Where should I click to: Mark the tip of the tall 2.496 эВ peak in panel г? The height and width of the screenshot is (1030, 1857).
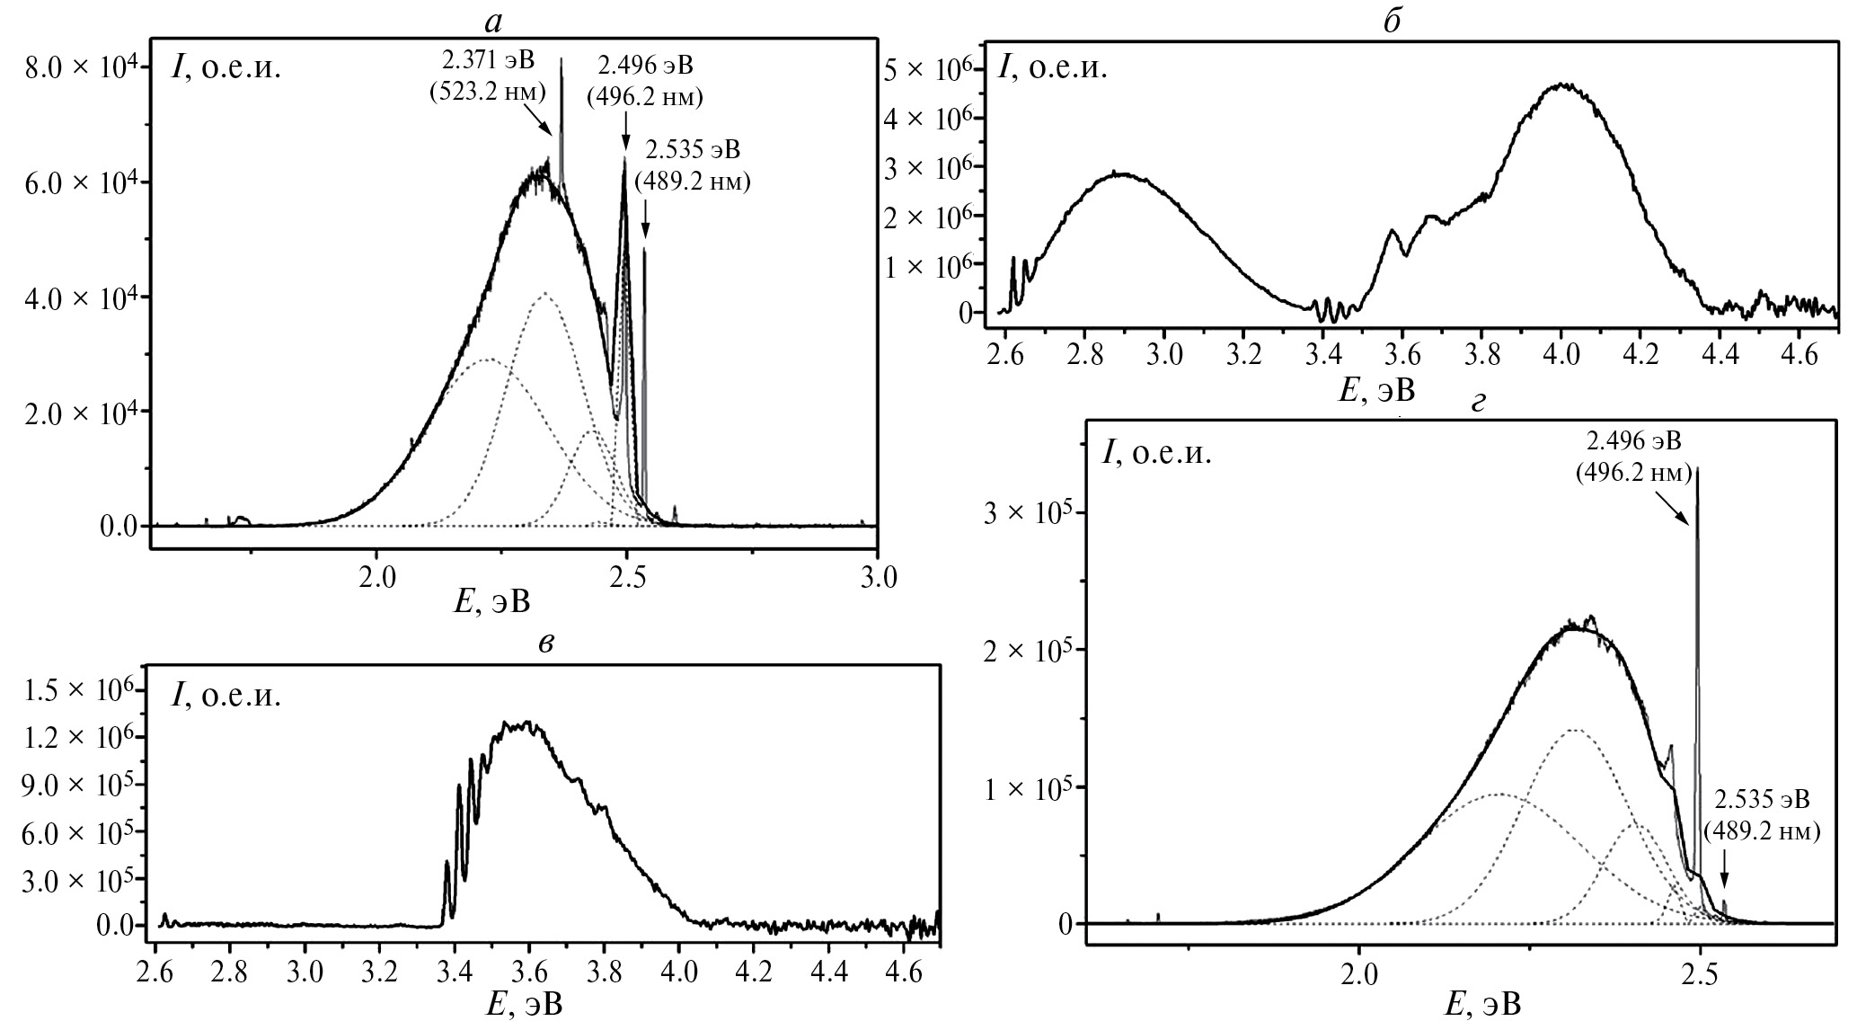point(1697,468)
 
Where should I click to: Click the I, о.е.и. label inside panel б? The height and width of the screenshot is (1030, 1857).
point(1053,67)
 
